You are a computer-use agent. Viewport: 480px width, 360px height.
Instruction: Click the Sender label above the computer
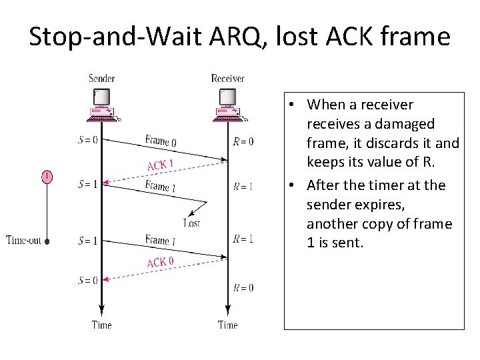pyautogui.click(x=102, y=79)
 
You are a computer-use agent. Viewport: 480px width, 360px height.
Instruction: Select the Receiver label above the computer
pyautogui.click(x=227, y=79)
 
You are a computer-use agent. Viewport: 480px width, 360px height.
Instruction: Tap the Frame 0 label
pyautogui.click(x=161, y=141)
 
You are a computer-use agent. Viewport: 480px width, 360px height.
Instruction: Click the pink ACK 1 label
pyautogui.click(x=161, y=164)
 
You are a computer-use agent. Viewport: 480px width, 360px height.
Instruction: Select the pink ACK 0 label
pyautogui.click(x=161, y=262)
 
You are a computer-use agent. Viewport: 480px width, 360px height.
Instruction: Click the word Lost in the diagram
pyautogui.click(x=191, y=223)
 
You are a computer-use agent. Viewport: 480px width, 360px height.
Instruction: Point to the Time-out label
pyautogui.click(x=24, y=240)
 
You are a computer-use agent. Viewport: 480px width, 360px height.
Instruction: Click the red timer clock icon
pyautogui.click(x=47, y=177)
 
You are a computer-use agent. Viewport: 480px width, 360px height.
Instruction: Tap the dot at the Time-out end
pyautogui.click(x=47, y=242)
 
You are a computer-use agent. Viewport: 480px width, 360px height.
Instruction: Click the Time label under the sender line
pyautogui.click(x=101, y=325)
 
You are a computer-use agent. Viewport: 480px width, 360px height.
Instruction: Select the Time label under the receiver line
pyautogui.click(x=227, y=325)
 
